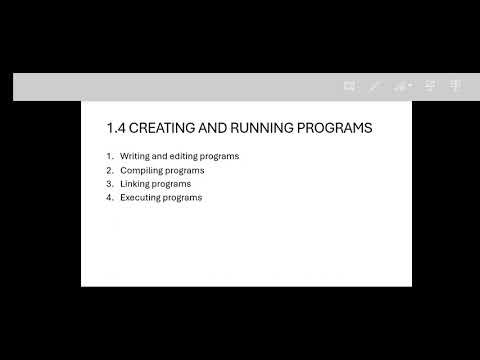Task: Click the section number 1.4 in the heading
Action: click(x=115, y=128)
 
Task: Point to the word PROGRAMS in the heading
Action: click(x=337, y=128)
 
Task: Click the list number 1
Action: click(x=109, y=156)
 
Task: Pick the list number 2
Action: click(x=109, y=170)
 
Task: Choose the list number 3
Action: click(x=109, y=184)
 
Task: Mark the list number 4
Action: click(x=109, y=198)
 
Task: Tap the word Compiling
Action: click(x=141, y=170)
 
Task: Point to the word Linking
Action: click(x=136, y=184)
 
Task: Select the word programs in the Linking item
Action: click(x=172, y=184)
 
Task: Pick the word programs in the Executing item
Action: click(x=184, y=198)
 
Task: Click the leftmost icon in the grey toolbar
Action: click(x=349, y=87)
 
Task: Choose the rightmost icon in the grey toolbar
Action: click(x=456, y=87)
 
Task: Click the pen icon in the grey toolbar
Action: click(x=374, y=87)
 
